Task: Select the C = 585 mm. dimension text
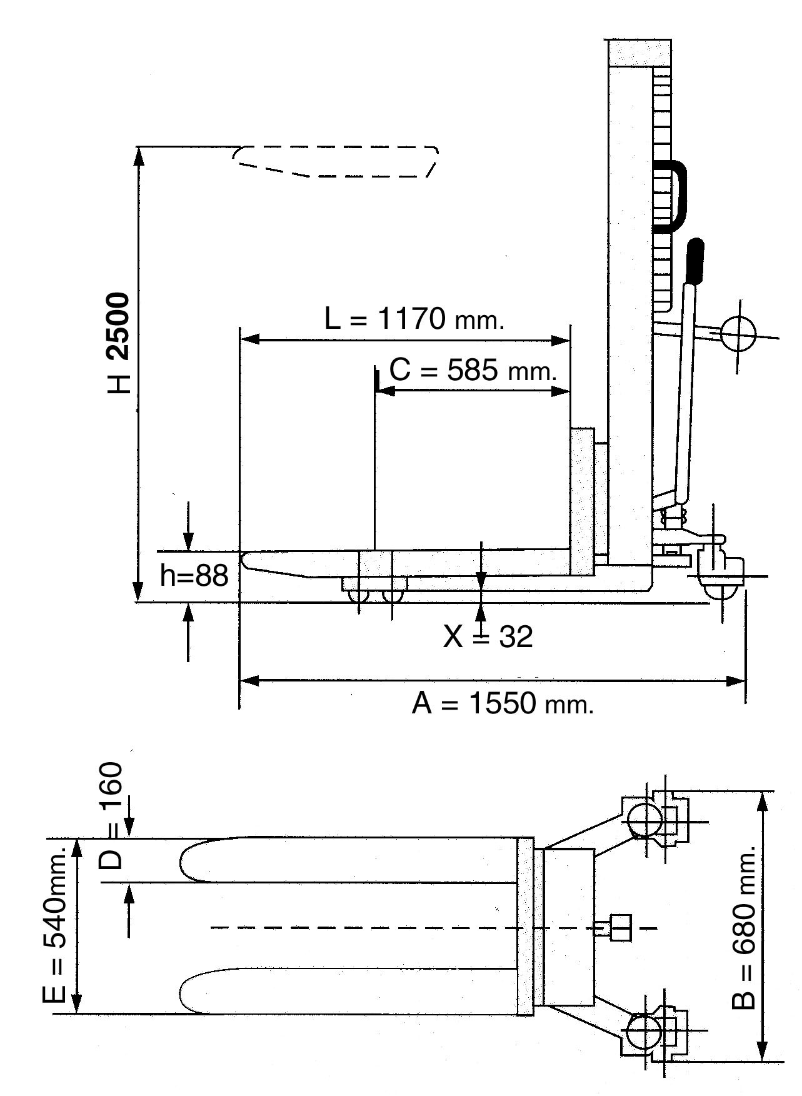point(473,371)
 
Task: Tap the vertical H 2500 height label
point(119,343)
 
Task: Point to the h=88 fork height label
point(194,576)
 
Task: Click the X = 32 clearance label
point(488,637)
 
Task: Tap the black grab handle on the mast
point(674,196)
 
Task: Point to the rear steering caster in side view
point(719,573)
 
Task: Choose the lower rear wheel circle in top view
point(644,1030)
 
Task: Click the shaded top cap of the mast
point(639,53)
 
